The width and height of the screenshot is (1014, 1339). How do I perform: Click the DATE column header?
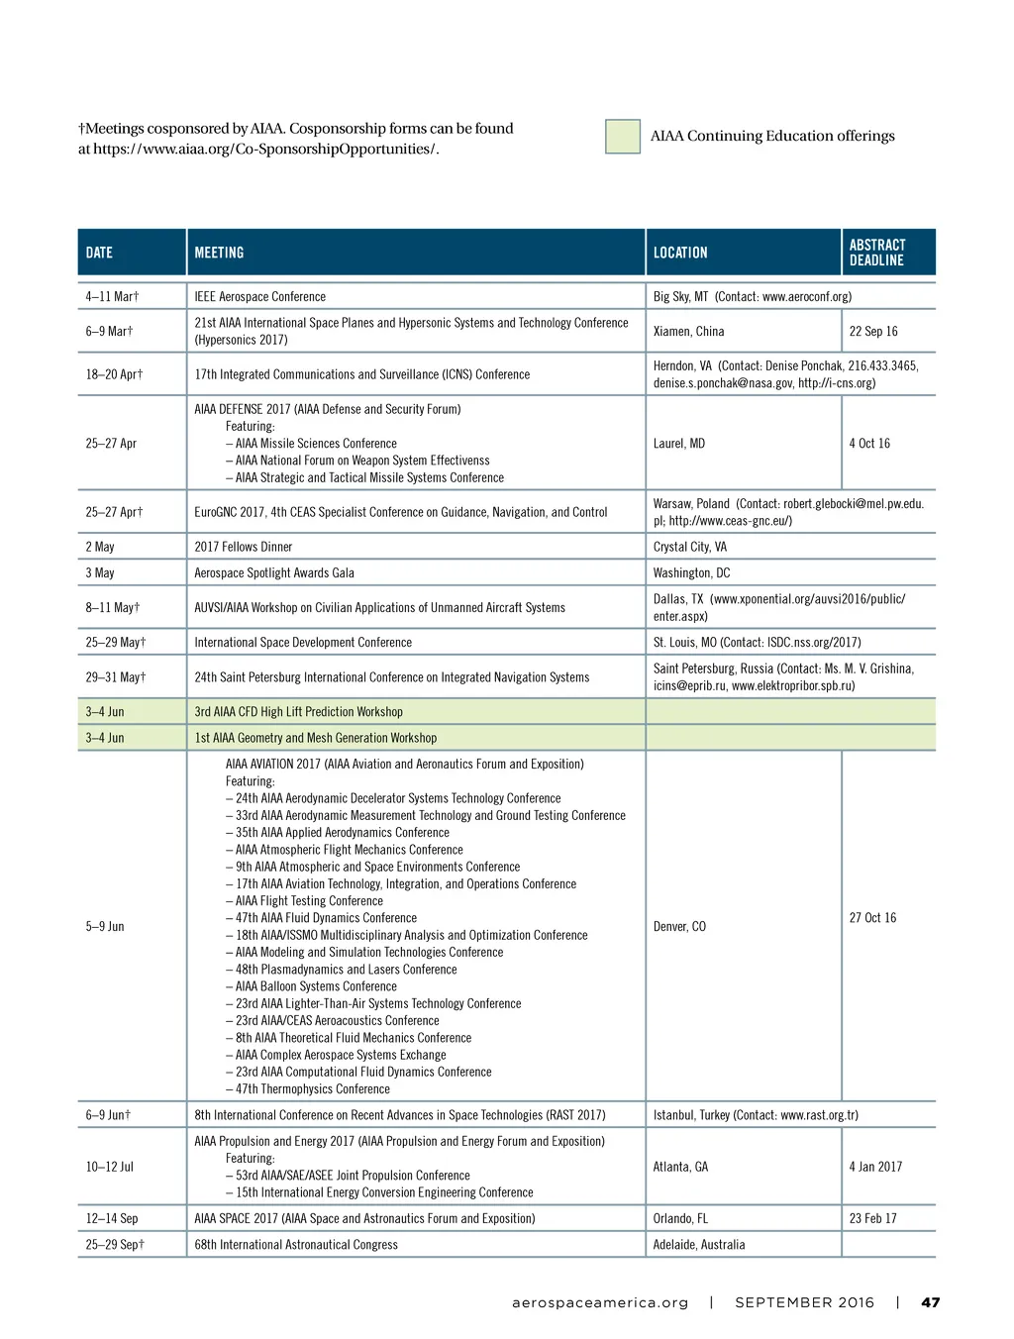point(99,253)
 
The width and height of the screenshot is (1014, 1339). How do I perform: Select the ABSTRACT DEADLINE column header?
point(877,253)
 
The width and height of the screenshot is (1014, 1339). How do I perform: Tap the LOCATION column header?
point(680,253)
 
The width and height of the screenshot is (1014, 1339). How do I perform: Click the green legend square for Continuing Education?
point(623,137)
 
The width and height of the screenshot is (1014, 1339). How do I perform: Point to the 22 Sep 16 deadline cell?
point(873,332)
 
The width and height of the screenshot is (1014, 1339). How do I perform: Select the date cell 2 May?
point(100,547)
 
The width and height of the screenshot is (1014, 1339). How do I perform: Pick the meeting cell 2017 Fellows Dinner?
point(244,547)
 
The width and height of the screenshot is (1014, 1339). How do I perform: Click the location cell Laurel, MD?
point(679,444)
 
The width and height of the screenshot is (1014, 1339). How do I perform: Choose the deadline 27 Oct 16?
point(872,918)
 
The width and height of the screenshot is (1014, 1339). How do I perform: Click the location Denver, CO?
point(679,927)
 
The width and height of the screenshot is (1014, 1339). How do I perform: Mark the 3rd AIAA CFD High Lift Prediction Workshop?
point(298,712)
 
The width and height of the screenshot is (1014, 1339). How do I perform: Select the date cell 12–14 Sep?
point(112,1219)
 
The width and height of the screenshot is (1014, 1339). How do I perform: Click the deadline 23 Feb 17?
point(872,1219)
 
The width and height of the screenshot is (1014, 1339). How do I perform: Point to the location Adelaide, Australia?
point(699,1245)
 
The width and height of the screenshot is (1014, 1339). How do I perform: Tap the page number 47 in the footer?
point(931,1302)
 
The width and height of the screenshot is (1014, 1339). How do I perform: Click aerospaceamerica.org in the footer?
point(600,1302)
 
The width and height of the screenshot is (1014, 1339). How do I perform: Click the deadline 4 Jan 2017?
point(875,1167)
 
